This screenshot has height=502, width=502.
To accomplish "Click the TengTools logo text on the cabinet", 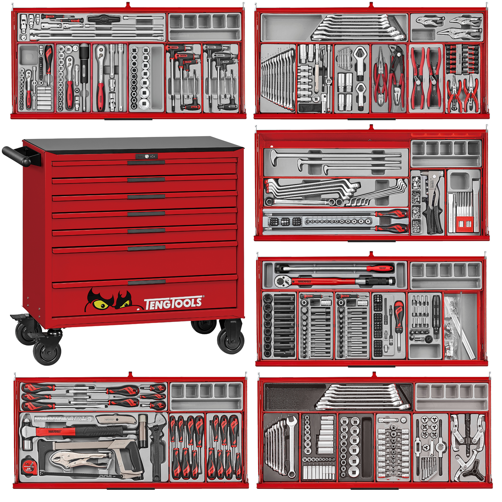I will [173, 303].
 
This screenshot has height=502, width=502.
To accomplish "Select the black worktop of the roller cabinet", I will [132, 143].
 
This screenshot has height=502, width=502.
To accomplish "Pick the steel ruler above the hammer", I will [63, 419].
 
